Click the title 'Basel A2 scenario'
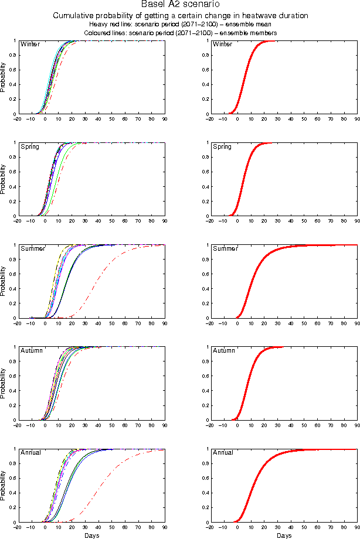(x=180, y=5)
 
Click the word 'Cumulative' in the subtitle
(x=73, y=16)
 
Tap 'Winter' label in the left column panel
(x=29, y=45)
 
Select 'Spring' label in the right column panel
(x=222, y=146)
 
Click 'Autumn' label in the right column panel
(x=224, y=350)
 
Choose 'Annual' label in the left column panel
(x=31, y=452)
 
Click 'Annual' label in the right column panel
(x=223, y=452)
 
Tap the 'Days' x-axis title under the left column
(x=91, y=535)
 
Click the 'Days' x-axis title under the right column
(x=284, y=535)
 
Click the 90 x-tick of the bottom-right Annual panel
(x=357, y=527)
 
